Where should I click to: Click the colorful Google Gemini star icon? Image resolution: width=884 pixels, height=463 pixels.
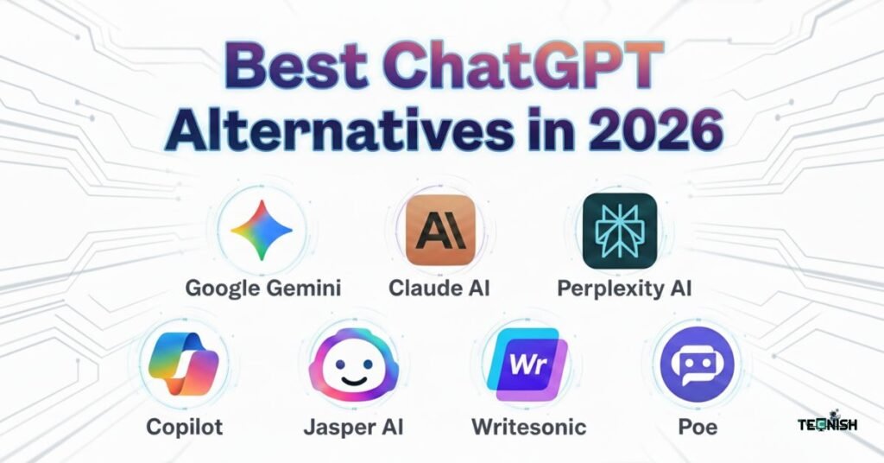coord(262,230)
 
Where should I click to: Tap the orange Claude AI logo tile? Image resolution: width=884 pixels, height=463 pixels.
coord(440,229)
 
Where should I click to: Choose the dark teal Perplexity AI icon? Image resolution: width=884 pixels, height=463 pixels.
coord(619,230)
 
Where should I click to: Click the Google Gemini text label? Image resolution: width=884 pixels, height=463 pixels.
coord(263,288)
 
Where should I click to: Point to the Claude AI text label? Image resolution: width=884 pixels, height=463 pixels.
coord(439,288)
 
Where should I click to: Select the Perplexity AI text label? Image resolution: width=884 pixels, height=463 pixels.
coord(626,288)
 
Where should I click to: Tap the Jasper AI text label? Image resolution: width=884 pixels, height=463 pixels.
coord(354,426)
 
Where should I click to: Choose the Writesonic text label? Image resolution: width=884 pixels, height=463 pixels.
coord(528,426)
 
